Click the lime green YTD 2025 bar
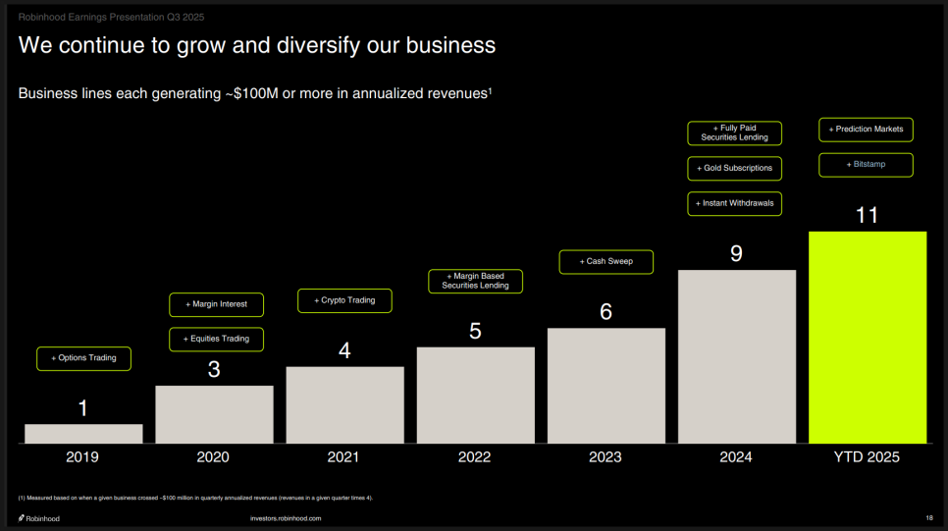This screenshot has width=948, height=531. (868, 337)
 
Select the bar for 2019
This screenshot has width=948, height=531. (83, 433)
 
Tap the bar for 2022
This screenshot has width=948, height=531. (475, 395)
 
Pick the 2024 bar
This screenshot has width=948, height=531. (736, 356)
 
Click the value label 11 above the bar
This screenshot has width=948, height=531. (867, 215)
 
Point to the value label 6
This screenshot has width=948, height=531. (606, 312)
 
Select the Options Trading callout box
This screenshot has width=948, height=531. (84, 358)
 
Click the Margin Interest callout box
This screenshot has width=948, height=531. (217, 304)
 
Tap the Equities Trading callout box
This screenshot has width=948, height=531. (217, 339)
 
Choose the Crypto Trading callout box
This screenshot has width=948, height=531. (344, 300)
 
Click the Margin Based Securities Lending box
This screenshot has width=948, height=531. (475, 281)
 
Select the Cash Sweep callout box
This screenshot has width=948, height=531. (606, 262)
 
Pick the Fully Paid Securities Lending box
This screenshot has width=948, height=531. (735, 133)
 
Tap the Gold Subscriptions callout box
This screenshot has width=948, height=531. (735, 168)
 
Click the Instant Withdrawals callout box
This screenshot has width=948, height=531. (735, 203)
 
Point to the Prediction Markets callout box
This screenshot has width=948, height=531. (866, 130)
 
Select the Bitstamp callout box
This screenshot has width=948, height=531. (866, 164)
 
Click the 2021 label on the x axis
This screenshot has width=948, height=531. (344, 457)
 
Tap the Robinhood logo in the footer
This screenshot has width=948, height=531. (39, 518)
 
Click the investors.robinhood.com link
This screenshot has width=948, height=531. (287, 518)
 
